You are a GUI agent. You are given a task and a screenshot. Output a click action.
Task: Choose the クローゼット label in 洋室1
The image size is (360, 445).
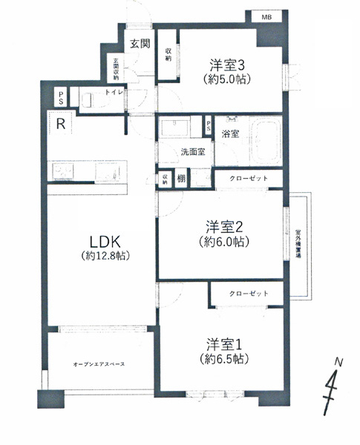pyautogui.click(x=248, y=294)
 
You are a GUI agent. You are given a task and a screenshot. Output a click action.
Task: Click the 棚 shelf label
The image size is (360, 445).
pyautogui.click(x=181, y=179)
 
